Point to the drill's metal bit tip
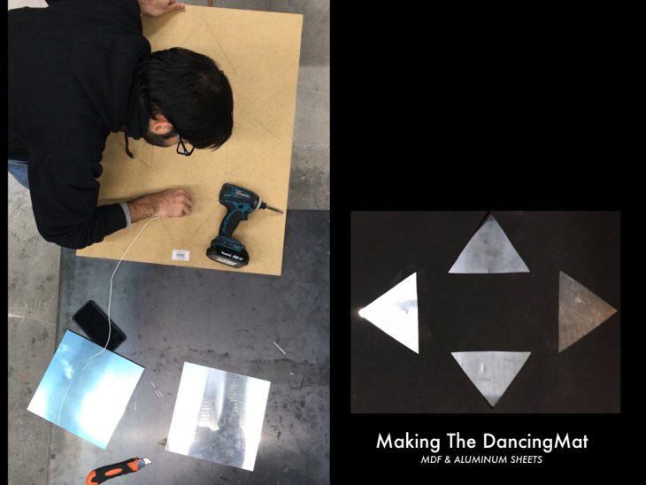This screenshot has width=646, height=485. (281, 212)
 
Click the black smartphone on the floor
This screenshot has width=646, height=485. (99, 326)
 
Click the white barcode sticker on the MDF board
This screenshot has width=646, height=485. (181, 255)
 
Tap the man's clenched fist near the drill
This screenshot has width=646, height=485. (176, 203)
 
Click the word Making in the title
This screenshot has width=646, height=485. (408, 442)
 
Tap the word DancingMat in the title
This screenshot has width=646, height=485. (535, 442)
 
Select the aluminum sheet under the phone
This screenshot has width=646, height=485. (86, 389)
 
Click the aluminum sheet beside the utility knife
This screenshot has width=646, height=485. (219, 416)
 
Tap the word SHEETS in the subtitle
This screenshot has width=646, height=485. (527, 460)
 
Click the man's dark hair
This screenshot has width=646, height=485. (189, 95)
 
